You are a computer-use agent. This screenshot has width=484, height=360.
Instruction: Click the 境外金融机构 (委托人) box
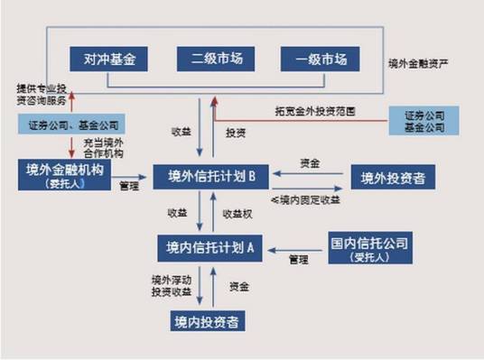[66, 173]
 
